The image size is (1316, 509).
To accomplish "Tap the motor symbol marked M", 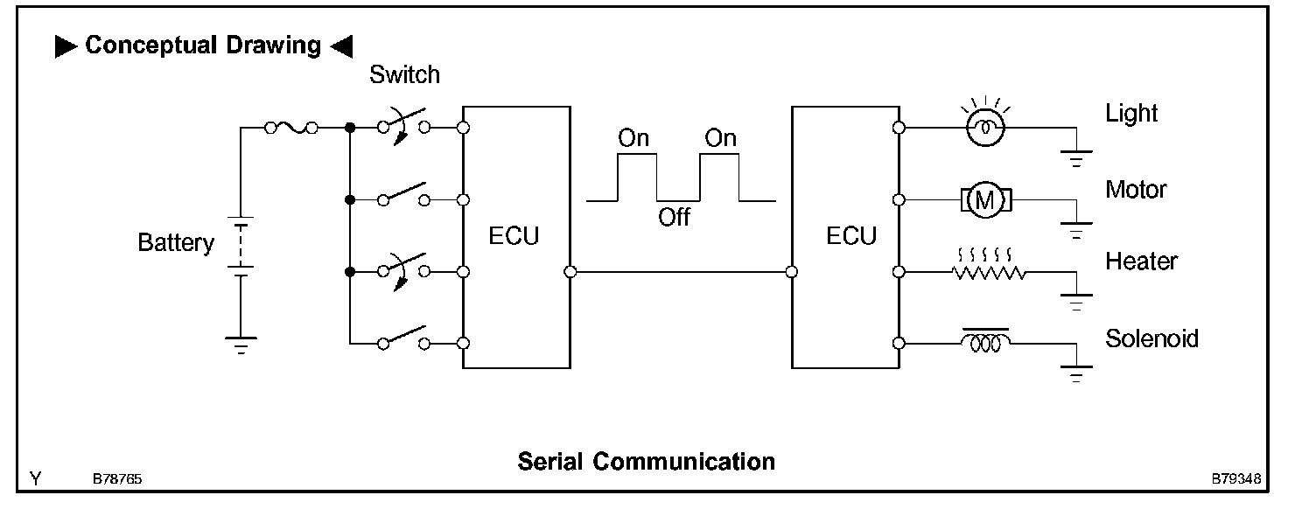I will pos(986,200).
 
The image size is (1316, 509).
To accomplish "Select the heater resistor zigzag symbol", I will pos(989,272).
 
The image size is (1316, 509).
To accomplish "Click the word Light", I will pos(1131,114).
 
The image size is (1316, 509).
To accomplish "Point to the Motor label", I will pos(1136,189).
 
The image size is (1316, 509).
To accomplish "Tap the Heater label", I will pos(1141,261).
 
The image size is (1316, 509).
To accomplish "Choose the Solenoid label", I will pos(1151,338).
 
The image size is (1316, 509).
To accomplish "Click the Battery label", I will pos(175,242).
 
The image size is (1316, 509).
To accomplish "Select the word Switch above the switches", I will pos(404,75).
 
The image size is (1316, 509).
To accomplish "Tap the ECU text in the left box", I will pos(514,236).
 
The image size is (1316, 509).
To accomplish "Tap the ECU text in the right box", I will pos(851,236).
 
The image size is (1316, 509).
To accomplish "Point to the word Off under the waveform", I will pos(674,218).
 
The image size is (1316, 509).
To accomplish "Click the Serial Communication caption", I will pos(646,461).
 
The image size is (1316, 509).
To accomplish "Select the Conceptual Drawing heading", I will pos(204,45).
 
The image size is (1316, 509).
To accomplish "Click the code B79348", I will pos(1236,480).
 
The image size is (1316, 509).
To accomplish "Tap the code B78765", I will pos(118,480).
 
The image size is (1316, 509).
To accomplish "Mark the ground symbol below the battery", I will pos(241,344).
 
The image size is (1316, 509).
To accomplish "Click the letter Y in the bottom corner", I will pos(35,478).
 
